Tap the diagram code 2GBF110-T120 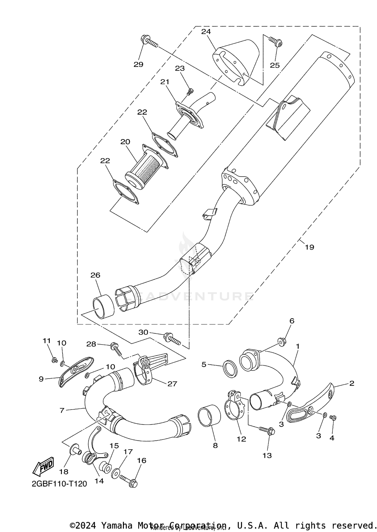tap(59, 484)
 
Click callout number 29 tap(138, 65)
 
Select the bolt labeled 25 tap(276, 42)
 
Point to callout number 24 tap(206, 32)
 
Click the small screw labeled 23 tap(190, 92)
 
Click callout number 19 tap(309, 247)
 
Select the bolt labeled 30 tap(172, 338)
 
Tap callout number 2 tap(351, 383)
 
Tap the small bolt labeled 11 tap(54, 360)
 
